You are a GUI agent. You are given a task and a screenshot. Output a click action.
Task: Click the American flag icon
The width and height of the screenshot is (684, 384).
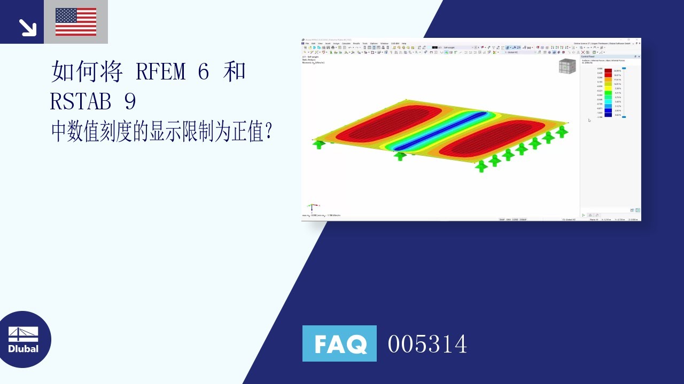[x=76, y=22]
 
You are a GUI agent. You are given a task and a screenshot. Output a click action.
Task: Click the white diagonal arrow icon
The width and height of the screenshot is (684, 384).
[x=26, y=27]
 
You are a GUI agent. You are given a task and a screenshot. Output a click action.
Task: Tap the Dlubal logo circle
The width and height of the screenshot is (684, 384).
[x=23, y=339]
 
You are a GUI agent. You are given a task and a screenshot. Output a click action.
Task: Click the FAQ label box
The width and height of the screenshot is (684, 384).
[x=339, y=343]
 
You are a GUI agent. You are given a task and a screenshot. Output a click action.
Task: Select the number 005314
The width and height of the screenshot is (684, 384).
[x=428, y=344]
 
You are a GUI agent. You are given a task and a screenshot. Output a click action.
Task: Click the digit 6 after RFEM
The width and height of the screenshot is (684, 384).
[x=203, y=71]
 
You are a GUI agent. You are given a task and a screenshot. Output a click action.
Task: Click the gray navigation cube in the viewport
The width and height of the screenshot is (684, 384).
[x=567, y=67]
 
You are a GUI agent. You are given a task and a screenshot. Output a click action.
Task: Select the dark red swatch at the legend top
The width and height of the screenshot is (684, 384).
[x=608, y=70]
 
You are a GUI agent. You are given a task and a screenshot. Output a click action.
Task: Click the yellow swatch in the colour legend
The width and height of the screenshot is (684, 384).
[x=608, y=88]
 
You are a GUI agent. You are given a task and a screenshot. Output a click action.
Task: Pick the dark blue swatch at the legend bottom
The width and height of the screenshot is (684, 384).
[x=608, y=115]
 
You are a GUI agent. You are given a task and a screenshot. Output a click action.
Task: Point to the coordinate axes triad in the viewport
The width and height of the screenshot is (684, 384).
[x=314, y=206]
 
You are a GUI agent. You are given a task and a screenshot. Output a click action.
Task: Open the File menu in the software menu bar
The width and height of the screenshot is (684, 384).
[x=307, y=43]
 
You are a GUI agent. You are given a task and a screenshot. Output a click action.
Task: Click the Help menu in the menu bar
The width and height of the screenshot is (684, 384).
[x=404, y=43]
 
